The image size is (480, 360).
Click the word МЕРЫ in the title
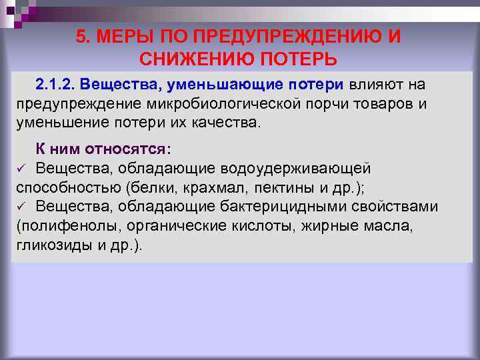coord(123,36)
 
